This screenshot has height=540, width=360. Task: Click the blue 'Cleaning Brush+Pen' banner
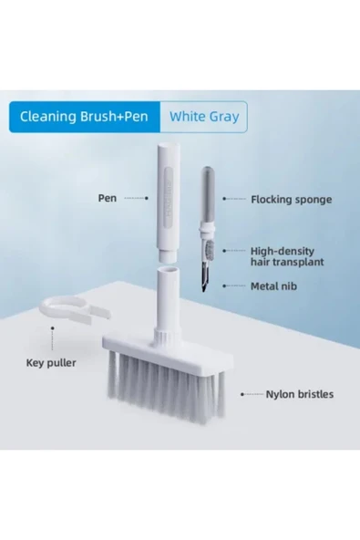(85, 117)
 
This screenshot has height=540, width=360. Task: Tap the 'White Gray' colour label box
(204, 117)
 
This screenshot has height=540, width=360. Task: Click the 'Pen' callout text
(107, 198)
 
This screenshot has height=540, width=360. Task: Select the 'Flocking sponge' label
(291, 200)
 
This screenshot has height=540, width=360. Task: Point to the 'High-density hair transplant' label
(287, 256)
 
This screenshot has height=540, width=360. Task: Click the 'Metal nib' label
(273, 286)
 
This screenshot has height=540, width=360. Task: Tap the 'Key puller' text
(51, 363)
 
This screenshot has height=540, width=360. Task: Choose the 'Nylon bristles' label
(300, 394)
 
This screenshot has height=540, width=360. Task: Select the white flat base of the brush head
(168, 354)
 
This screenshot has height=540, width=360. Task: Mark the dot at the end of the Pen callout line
(147, 198)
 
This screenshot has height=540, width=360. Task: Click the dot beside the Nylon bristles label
(242, 394)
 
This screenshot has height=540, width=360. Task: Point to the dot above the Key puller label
(52, 328)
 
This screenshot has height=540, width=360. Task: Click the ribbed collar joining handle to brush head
(167, 335)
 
